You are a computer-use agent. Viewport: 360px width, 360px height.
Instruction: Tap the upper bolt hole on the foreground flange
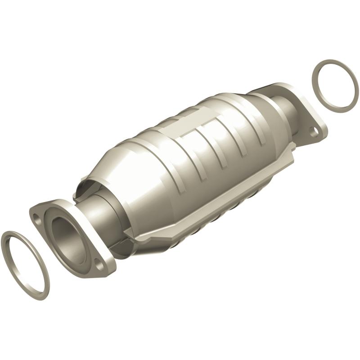pos(36,217)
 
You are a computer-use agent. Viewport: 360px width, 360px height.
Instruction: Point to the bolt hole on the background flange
pos(315,131)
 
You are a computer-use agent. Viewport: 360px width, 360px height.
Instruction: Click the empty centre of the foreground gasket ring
pos(25,265)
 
